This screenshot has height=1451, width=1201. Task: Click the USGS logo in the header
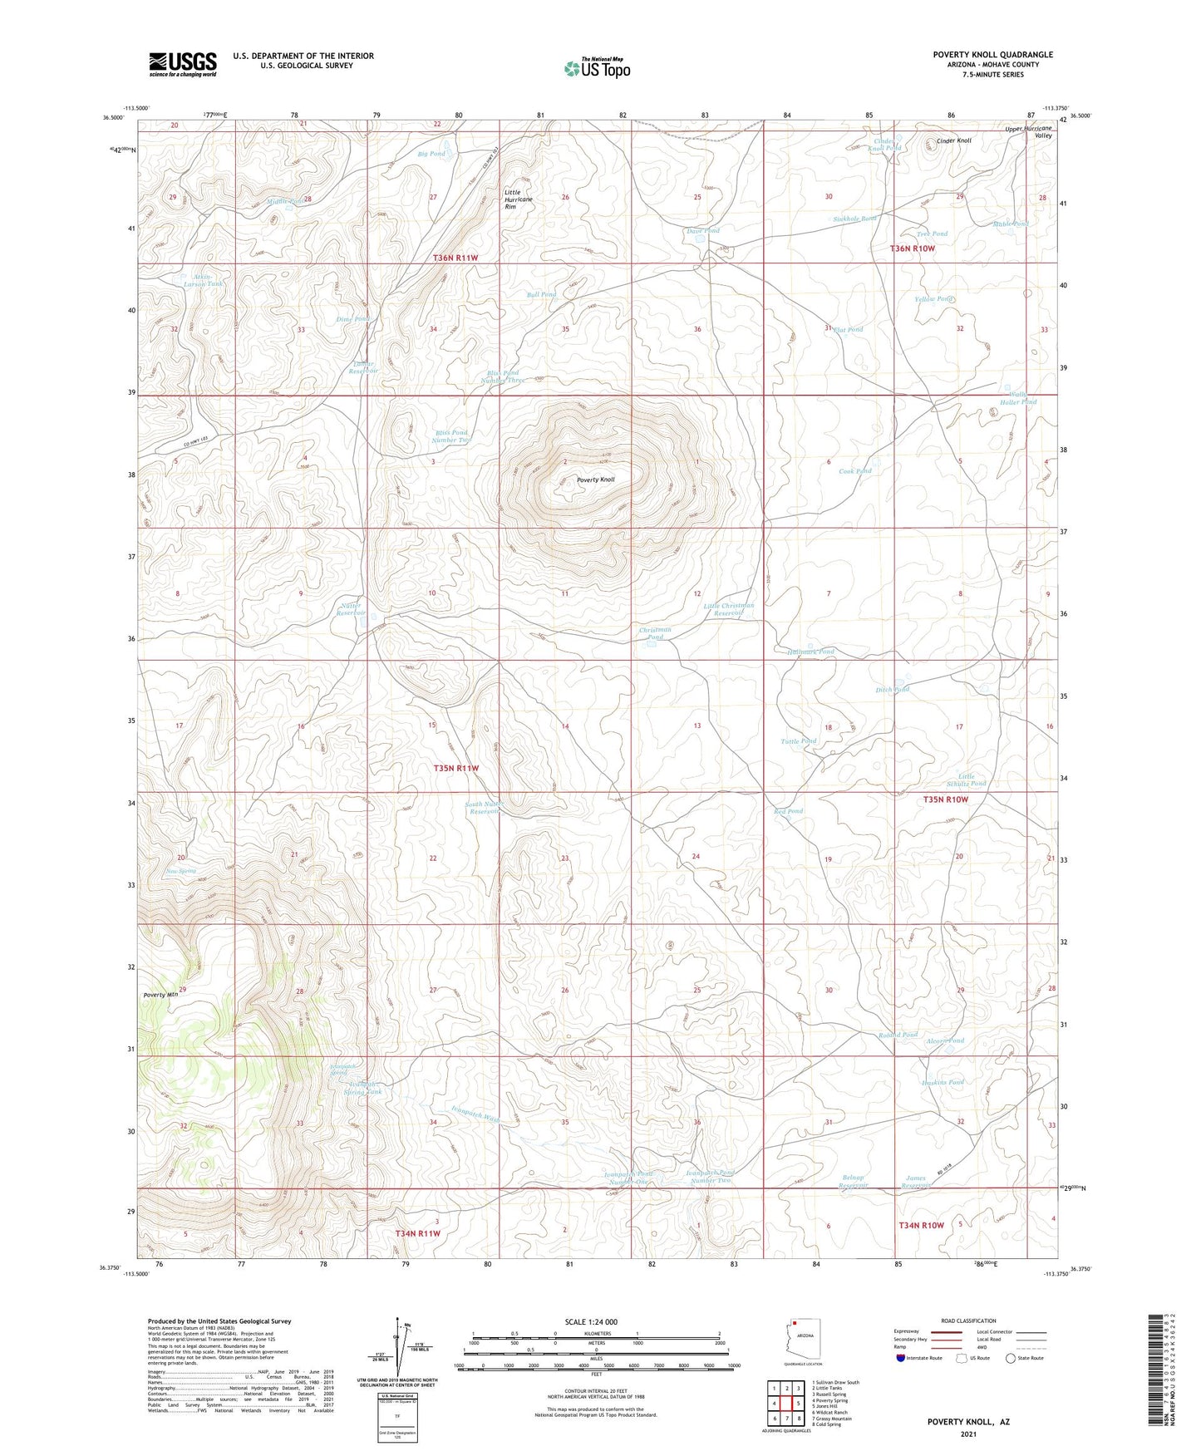[183, 64]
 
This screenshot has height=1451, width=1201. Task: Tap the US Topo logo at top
[597, 68]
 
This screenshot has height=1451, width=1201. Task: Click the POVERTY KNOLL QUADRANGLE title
[992, 55]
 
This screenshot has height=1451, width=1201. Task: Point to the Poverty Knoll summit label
[596, 480]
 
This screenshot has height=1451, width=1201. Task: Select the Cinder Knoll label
[953, 141]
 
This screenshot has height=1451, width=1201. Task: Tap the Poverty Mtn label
[160, 995]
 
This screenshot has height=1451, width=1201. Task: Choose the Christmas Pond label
[655, 633]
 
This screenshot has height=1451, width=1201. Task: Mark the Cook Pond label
[855, 471]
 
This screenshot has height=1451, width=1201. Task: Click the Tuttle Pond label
[799, 741]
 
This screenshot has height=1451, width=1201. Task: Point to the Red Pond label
[788, 811]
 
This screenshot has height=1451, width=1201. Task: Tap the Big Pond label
[431, 154]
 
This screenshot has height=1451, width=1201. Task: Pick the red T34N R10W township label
[921, 1225]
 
